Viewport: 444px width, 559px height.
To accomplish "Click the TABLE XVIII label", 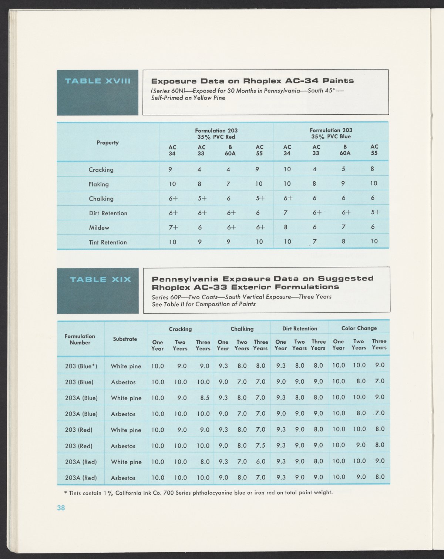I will [98, 81].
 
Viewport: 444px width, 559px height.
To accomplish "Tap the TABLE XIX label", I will [101, 279].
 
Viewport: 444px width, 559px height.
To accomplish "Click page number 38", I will [61, 508].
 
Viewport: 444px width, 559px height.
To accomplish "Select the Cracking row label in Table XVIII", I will [101, 170].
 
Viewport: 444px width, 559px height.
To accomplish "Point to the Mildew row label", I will [99, 228].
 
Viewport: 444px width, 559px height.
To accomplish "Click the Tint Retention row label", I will [108, 242].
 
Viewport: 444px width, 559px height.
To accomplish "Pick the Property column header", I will [108, 142].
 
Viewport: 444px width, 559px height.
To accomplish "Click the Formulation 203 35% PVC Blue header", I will [331, 133].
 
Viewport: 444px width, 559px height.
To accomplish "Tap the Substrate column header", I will [125, 339].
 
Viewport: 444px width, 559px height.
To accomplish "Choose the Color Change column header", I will [359, 328].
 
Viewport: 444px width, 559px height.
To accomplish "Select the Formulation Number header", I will [80, 339].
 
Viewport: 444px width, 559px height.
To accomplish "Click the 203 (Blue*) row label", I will [81, 366].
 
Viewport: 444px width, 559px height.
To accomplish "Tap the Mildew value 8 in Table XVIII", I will [286, 227].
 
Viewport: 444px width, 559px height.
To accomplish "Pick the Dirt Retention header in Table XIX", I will [300, 329].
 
